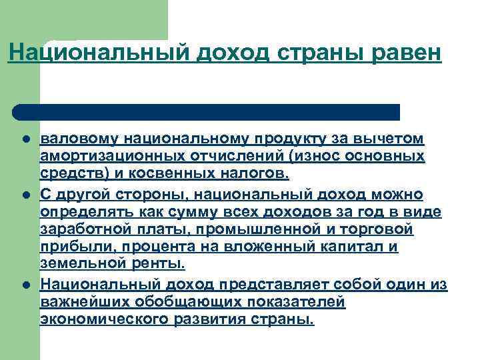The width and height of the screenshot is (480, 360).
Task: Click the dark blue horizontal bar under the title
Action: (x=207, y=112)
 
